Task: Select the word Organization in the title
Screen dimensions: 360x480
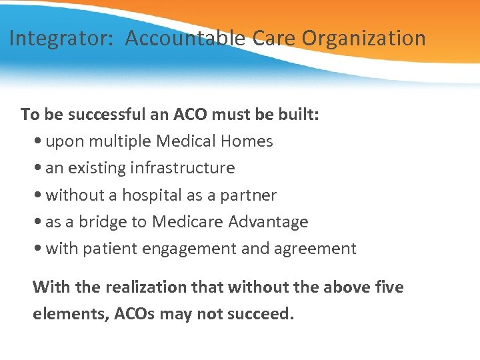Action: tap(364, 39)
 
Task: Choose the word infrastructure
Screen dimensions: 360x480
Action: tap(182, 168)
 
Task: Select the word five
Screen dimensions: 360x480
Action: tap(390, 287)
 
